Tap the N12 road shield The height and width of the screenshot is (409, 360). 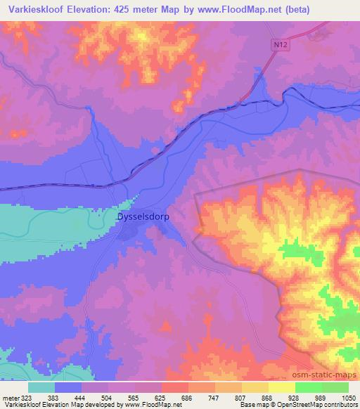[x=279, y=44]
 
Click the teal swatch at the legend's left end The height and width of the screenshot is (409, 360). [x=41, y=387]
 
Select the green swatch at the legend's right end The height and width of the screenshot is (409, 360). [x=335, y=387]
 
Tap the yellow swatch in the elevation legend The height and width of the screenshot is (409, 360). [x=281, y=387]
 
